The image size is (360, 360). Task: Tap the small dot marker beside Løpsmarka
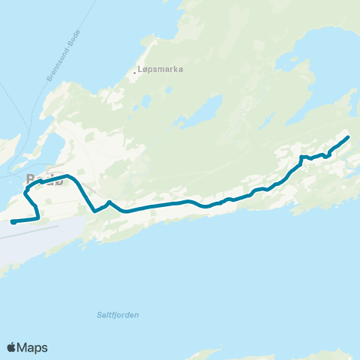(136, 73)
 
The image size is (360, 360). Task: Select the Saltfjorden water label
(118, 315)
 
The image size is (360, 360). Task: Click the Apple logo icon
(11, 347)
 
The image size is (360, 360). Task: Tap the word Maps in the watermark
(33, 347)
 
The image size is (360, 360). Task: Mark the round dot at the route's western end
(13, 222)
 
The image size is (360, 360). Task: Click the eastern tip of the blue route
(349, 136)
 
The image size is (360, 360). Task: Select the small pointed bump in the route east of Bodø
(109, 202)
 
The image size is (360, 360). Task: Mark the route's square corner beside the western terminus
(37, 218)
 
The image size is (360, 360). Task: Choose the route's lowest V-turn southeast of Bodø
(94, 211)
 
